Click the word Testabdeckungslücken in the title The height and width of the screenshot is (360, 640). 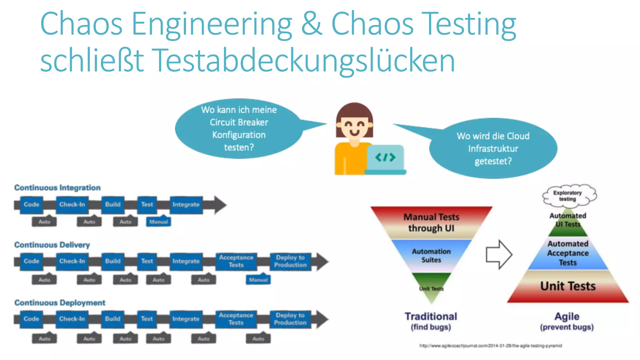pos(305,60)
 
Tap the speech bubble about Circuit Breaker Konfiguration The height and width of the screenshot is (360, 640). pos(239,128)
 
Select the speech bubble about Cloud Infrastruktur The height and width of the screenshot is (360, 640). pos(493,148)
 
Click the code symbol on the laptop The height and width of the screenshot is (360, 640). pos(385,157)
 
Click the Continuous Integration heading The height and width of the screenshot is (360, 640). pos(57,187)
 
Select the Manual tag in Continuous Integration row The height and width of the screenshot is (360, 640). pos(158,222)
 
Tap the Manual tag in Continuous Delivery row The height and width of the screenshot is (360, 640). pos(258,280)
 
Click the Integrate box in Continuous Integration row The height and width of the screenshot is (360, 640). pos(186,205)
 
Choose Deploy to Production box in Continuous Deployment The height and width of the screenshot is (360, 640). pos(290,319)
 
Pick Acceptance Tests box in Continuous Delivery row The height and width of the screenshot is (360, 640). pos(236,261)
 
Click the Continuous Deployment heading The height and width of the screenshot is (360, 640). pos(60,303)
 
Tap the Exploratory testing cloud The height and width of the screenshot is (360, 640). pos(568,196)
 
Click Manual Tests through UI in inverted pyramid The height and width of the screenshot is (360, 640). pos(431,222)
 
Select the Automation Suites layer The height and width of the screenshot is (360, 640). pos(431,256)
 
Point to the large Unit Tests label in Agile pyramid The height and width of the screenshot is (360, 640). pos(568,286)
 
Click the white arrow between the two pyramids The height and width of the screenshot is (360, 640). pos(498,254)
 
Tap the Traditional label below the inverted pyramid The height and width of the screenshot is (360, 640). pos(431,317)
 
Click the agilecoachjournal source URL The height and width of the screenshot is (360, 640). pos(490,346)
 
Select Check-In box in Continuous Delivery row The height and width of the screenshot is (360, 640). pos(72,261)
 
